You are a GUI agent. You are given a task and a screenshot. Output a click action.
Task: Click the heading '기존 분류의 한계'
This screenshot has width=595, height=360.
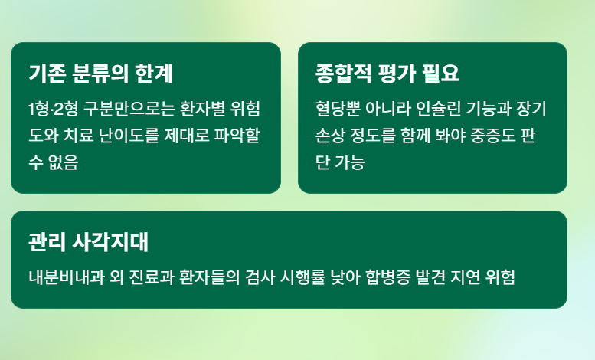coord(100,74)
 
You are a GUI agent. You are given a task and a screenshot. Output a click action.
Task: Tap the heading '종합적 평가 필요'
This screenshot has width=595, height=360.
coord(387,74)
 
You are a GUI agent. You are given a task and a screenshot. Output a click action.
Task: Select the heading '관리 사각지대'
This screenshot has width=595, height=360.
coord(88,242)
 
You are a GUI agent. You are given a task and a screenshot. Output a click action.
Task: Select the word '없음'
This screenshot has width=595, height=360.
coord(62,163)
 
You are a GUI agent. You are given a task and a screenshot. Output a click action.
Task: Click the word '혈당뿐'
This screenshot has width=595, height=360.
coord(335,108)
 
